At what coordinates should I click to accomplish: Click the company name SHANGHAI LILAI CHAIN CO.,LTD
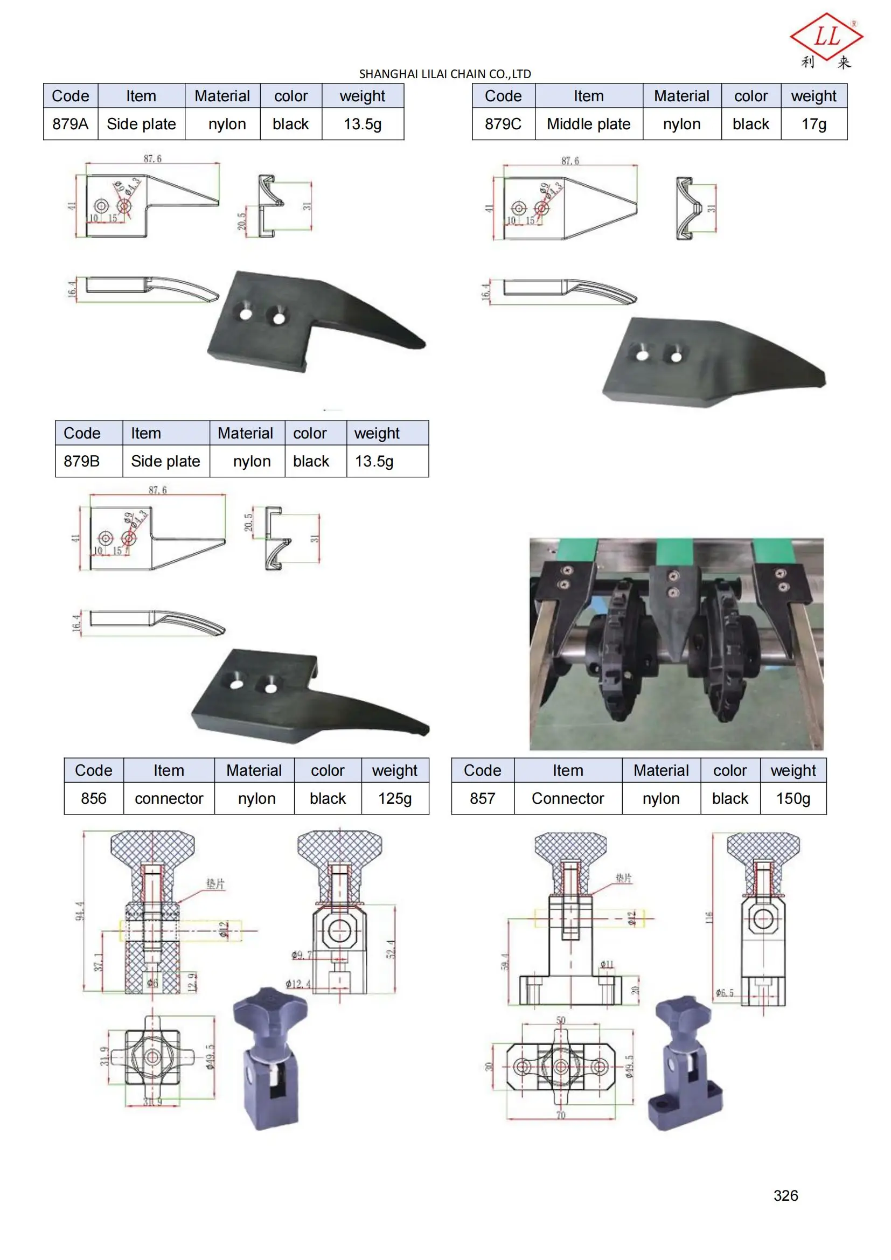tap(445, 74)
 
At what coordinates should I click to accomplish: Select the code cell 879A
tap(70, 124)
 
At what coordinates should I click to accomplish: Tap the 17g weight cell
tap(813, 124)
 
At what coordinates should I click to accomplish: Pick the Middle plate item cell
tap(588, 124)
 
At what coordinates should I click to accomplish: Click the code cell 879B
tap(82, 461)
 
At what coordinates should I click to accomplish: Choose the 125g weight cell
tap(394, 798)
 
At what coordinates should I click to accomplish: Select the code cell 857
tap(482, 798)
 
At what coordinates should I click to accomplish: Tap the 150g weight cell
tap(793, 798)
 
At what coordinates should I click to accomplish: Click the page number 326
tap(785, 1195)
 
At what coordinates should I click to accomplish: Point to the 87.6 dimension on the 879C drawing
tap(570, 161)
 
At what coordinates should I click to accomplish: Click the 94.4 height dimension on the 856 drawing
tap(80, 911)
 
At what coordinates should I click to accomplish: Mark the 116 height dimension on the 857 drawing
tap(709, 916)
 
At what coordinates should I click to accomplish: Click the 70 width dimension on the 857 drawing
tap(561, 1115)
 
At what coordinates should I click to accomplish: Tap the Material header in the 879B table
tap(245, 434)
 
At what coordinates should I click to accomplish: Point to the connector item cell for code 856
tap(169, 798)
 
